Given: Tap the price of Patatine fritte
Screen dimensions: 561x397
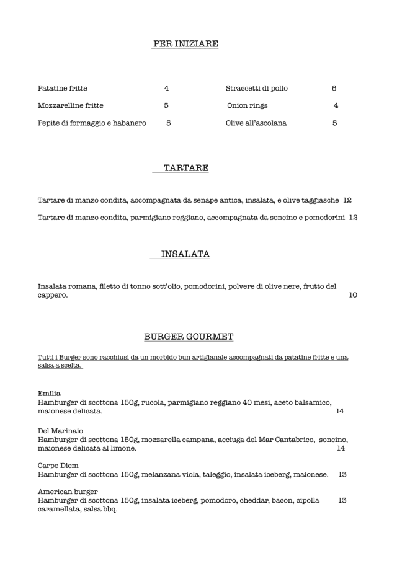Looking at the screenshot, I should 166,88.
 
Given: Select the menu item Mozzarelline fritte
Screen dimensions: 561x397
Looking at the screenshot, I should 71,105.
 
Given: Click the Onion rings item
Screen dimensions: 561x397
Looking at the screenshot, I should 248,105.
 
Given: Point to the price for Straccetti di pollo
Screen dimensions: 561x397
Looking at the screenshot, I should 334,88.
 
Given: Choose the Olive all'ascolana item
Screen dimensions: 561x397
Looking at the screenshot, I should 256,123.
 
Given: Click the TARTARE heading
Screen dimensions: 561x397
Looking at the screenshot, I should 186,168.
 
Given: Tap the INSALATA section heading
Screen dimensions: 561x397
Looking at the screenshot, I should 185,254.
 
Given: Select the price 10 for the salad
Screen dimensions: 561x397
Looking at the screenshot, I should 353,295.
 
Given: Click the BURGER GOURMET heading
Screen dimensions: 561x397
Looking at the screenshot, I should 189,337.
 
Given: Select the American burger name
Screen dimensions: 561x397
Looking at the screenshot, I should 63,492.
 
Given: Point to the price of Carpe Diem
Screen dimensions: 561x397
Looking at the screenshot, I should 342,474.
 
